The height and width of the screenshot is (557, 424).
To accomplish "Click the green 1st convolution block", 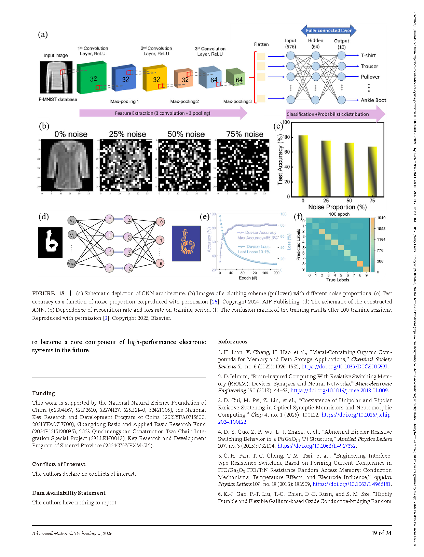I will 92,78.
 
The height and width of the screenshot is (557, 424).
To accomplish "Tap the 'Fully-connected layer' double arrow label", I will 328,30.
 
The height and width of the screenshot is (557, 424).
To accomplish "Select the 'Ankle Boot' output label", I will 373,100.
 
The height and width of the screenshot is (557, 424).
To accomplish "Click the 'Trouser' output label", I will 369,66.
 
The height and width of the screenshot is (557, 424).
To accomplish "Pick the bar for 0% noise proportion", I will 303,166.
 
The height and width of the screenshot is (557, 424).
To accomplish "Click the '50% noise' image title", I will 186,134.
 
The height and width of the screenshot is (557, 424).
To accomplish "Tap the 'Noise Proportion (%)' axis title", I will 337,207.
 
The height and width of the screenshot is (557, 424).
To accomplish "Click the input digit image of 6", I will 50,243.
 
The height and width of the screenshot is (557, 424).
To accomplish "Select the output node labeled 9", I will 161,263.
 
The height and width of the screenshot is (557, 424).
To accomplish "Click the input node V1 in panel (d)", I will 72,221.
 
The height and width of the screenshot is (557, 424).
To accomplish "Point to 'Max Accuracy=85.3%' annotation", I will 257,238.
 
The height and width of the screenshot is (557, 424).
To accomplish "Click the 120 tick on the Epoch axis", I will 254,273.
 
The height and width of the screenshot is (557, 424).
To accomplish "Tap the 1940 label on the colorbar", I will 381,218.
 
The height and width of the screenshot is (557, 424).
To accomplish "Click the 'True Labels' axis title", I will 338,280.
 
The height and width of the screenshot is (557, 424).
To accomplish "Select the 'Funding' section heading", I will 43,393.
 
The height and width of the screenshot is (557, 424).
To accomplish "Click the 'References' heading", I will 232,342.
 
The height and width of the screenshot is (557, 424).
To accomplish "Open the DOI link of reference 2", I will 339,391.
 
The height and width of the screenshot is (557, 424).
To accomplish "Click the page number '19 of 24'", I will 381,533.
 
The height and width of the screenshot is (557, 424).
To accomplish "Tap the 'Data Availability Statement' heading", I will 69,493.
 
